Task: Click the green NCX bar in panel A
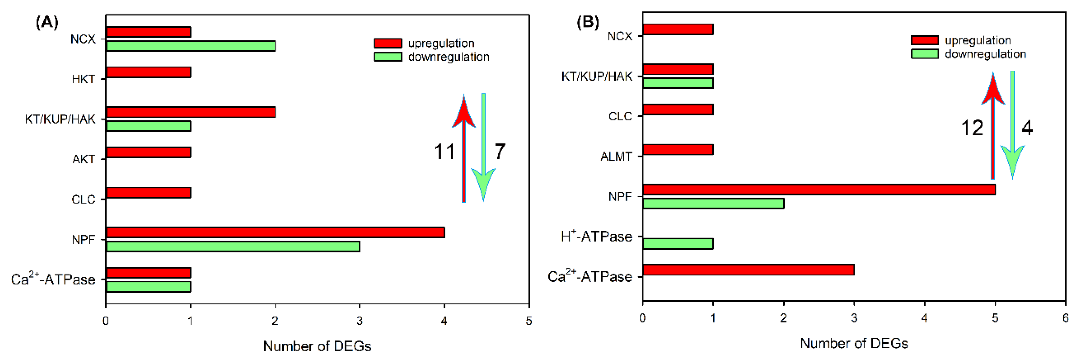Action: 190,46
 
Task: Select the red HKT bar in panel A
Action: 148,72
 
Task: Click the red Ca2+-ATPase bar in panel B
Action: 748,270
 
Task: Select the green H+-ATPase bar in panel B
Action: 677,243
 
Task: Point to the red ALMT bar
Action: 677,149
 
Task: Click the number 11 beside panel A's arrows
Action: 444,152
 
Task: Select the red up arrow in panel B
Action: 993,125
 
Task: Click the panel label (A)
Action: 47,22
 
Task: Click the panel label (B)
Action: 587,21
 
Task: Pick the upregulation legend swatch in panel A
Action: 388,43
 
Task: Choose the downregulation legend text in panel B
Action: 985,54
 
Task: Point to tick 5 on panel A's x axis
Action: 529,321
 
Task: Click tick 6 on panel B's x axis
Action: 1065,318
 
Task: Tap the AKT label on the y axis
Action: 83,159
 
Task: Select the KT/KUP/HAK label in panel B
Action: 596,76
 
